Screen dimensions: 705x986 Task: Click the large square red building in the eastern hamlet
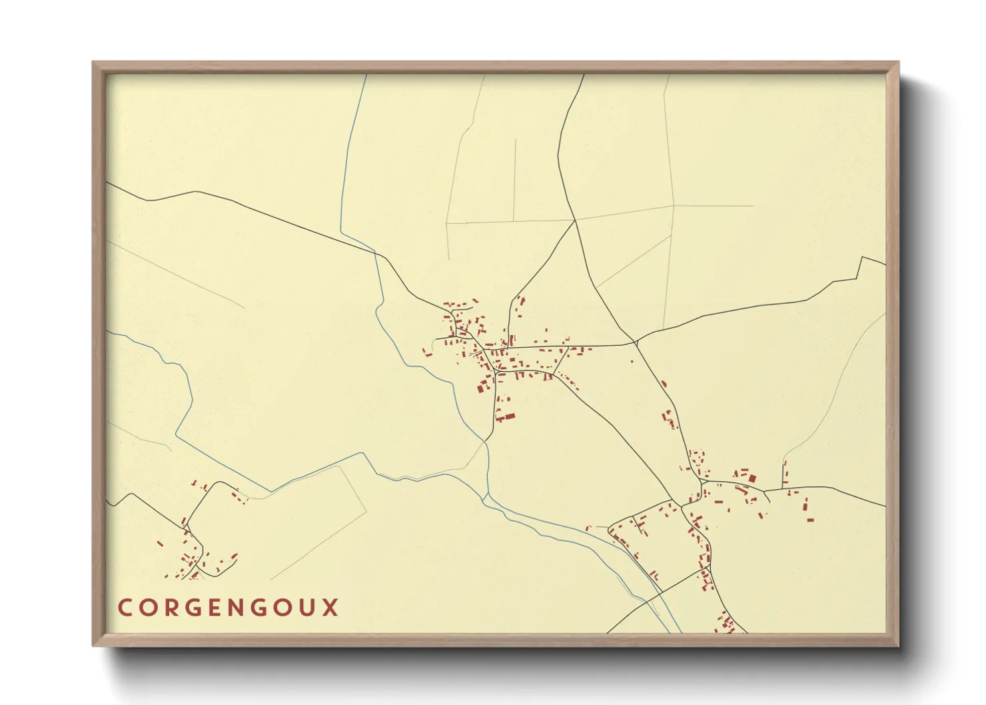click(x=752, y=478)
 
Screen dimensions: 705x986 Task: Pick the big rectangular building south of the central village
click(x=508, y=417)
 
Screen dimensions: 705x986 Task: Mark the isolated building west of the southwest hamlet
click(x=160, y=544)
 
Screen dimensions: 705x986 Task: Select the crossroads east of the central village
click(x=636, y=343)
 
